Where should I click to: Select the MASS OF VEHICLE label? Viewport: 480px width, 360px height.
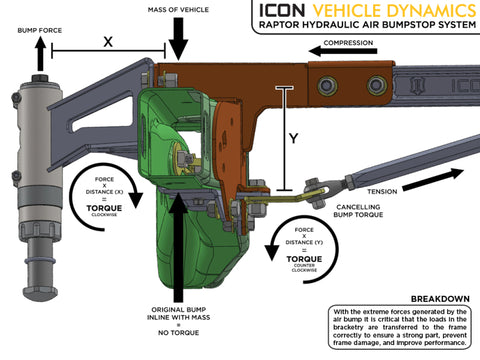click(x=178, y=10)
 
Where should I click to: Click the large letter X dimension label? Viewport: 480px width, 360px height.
click(x=107, y=42)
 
